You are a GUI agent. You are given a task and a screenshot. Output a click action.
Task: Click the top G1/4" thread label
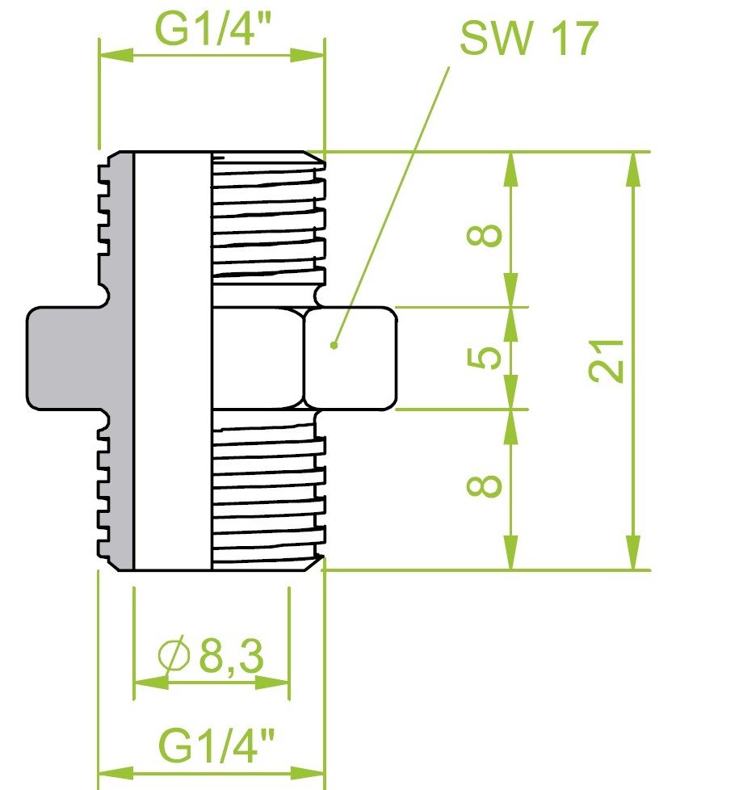pos(213,29)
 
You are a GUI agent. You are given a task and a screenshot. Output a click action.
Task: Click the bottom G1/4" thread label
pos(216,745)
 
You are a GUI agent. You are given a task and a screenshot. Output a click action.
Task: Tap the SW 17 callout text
pos(529,38)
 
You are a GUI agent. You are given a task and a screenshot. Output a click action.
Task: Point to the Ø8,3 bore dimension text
pos(211,656)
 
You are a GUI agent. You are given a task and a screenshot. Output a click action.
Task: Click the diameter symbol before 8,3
pos(174,656)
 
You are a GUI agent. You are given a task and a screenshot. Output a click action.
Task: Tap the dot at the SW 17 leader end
pos(334,345)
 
